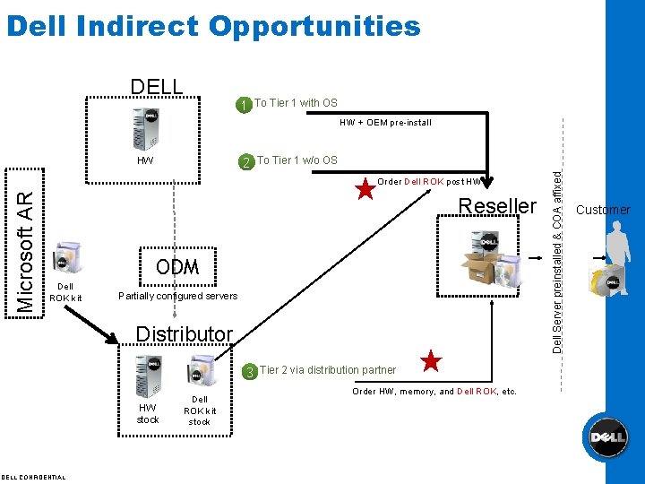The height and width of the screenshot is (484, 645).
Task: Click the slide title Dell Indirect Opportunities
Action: (x=212, y=27)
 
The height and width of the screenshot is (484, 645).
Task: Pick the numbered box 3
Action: (x=251, y=371)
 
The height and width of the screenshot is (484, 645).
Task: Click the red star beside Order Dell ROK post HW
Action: (x=365, y=190)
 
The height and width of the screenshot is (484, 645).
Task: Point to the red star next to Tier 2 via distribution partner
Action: (x=431, y=362)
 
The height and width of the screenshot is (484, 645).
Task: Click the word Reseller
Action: (x=497, y=206)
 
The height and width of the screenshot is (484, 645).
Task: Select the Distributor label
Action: (x=184, y=334)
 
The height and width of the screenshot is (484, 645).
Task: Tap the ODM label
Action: (x=176, y=267)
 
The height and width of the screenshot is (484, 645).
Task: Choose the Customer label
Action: (x=603, y=210)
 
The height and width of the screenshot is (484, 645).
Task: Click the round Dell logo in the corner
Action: (x=606, y=437)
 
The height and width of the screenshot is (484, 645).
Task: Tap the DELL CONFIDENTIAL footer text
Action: (x=33, y=477)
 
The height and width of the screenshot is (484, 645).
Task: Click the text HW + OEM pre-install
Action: (x=384, y=123)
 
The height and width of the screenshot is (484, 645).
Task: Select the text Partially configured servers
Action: (x=178, y=296)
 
